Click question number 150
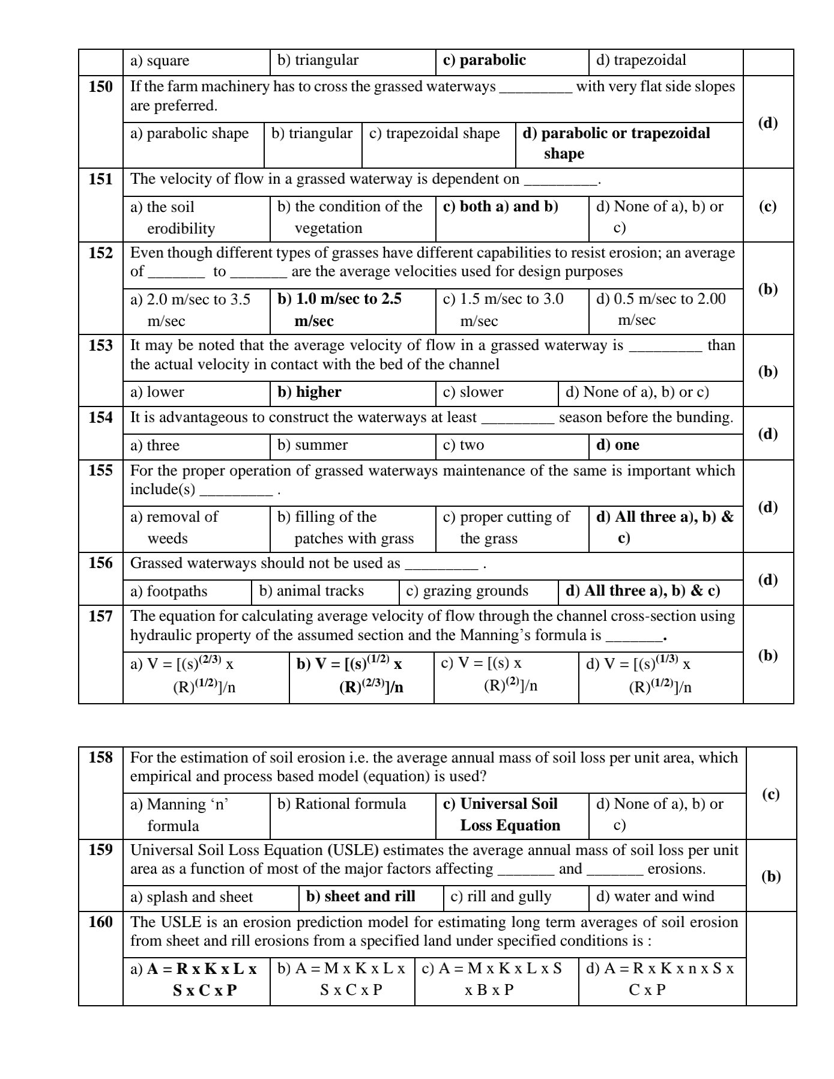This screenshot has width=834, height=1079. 100,87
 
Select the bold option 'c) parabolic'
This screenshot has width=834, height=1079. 484,61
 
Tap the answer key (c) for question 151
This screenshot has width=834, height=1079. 767,207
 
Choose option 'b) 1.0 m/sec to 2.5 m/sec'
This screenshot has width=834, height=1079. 339,310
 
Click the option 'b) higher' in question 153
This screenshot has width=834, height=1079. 309,393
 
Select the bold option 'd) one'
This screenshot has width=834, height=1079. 617,446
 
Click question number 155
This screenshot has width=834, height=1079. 100,471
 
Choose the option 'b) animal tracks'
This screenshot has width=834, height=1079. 311,591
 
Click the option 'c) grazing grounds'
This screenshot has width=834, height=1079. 467,591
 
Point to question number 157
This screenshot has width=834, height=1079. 100,617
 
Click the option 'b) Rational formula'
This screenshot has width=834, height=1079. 342,805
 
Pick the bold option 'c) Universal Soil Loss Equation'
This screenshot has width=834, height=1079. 500,815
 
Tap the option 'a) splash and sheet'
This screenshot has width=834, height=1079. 192,897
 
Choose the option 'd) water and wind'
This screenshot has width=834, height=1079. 655,897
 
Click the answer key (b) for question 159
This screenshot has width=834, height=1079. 771,877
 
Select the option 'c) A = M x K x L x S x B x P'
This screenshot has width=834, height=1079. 492,979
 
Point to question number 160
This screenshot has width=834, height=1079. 100,922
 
